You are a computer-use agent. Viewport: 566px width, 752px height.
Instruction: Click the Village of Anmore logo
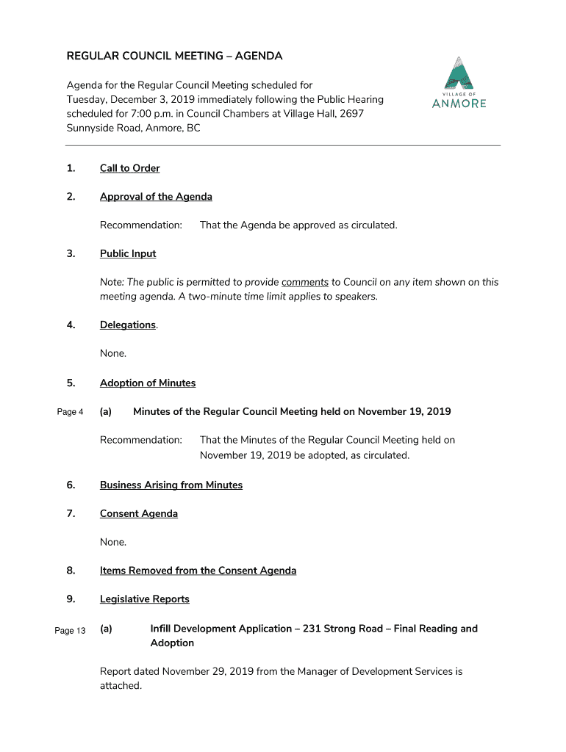click(x=459, y=82)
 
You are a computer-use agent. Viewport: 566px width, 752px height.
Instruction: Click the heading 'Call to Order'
click(x=129, y=168)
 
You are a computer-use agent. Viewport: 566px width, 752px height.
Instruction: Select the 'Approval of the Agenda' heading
click(x=156, y=197)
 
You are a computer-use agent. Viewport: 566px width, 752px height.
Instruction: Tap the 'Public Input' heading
click(x=128, y=254)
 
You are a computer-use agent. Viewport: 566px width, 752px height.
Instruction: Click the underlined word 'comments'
click(x=304, y=282)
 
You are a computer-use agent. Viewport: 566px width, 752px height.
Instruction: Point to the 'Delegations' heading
click(x=128, y=325)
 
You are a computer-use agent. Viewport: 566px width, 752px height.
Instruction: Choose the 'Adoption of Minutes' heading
click(x=148, y=383)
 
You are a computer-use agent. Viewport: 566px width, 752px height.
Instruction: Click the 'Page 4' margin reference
click(x=70, y=412)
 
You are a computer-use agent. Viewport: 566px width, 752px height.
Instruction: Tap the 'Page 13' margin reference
click(x=70, y=631)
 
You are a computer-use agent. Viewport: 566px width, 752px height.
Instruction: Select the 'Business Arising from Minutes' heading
click(x=171, y=485)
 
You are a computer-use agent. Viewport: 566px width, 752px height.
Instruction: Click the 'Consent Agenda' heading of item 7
click(x=139, y=514)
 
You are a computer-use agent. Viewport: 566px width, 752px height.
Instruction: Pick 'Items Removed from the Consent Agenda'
click(x=198, y=571)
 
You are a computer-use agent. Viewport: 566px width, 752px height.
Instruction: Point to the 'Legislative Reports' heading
click(x=145, y=600)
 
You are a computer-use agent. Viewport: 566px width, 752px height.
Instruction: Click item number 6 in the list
click(x=71, y=485)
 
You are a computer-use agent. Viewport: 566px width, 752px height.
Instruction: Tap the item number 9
click(x=71, y=600)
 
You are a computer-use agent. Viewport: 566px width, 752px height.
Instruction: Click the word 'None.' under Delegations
click(x=113, y=354)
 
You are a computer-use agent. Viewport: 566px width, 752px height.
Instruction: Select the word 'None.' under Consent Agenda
click(x=113, y=543)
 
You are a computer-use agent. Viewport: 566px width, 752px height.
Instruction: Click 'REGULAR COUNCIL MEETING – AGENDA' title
click(x=174, y=56)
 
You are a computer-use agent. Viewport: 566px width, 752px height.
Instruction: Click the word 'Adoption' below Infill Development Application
click(x=172, y=643)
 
